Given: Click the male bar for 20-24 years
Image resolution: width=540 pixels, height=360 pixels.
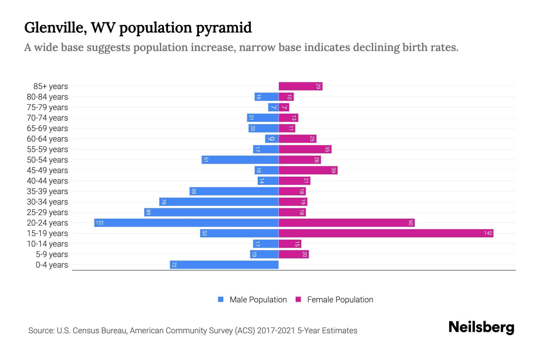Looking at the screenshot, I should click(x=186, y=223).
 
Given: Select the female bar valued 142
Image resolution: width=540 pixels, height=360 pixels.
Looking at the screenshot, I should click(x=386, y=233).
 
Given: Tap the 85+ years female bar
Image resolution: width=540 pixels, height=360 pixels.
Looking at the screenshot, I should click(x=300, y=86).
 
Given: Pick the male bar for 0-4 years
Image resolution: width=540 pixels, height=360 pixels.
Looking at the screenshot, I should click(x=224, y=265).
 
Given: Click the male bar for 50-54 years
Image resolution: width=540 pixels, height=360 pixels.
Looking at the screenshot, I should click(x=240, y=160).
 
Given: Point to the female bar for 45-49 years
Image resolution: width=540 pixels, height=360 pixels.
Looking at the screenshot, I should click(x=308, y=170).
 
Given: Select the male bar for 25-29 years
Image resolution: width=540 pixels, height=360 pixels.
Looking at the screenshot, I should click(x=211, y=212).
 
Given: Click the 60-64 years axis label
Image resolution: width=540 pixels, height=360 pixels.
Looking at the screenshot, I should click(x=47, y=139).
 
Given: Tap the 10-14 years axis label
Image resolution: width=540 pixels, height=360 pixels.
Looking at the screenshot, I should click(x=47, y=244).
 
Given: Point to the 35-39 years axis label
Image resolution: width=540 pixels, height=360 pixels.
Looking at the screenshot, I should click(x=47, y=191).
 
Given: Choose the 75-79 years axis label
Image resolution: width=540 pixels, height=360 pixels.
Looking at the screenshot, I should click(x=47, y=107).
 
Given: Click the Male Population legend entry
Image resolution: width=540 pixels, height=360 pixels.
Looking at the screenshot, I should click(x=258, y=299).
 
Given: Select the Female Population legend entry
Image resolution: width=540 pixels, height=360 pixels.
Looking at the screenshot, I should click(x=340, y=299).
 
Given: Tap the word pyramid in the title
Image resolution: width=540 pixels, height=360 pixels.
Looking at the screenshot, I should click(x=224, y=28).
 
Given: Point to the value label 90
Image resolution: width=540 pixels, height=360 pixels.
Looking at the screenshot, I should click(x=411, y=223).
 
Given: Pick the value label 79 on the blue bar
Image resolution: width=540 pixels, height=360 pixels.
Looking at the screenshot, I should click(x=163, y=202).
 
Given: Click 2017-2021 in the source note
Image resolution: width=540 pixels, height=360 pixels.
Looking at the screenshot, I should click(x=276, y=331).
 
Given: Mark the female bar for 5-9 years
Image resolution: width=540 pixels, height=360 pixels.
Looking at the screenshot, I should click(x=294, y=254).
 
